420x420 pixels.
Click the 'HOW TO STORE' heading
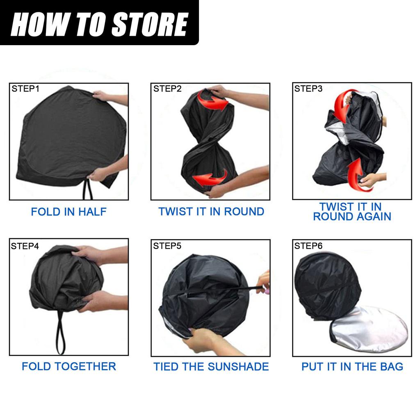[x=99, y=24]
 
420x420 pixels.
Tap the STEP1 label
[x=25, y=89]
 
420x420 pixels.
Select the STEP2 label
[x=167, y=89]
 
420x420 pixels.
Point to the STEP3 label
[x=308, y=89]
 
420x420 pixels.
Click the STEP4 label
[x=25, y=246]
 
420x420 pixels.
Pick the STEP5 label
[x=167, y=246]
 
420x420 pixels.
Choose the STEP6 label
[x=308, y=246]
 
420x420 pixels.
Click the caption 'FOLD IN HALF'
[x=69, y=212]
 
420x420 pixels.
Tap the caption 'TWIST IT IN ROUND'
[x=211, y=212]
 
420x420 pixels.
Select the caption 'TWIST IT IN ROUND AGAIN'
[x=352, y=212]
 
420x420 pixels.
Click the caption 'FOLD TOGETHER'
[x=69, y=366]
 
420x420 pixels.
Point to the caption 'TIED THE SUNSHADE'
[x=211, y=366]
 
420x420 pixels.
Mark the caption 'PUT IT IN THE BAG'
[x=352, y=366]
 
